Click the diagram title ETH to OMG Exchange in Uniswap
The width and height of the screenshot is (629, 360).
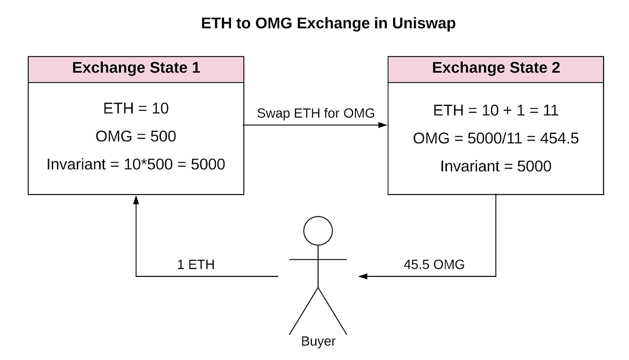click(x=328, y=23)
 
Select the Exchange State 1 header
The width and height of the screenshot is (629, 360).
click(x=136, y=68)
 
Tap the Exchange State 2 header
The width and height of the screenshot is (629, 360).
click(x=496, y=68)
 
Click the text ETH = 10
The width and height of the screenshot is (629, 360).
click(x=136, y=108)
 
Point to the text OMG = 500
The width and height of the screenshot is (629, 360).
click(x=136, y=136)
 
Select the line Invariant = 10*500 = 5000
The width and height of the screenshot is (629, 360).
click(x=136, y=164)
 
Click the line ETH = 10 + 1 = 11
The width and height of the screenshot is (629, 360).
click(x=496, y=110)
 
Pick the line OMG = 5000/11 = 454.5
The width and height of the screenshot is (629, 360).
click(x=496, y=138)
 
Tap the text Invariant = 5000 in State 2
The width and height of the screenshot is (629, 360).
click(x=496, y=166)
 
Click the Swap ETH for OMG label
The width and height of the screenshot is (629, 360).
click(x=315, y=113)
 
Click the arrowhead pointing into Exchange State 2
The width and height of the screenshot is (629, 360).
click(x=383, y=125)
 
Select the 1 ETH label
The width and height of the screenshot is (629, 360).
click(x=195, y=264)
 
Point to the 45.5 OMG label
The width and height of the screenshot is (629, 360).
click(x=434, y=264)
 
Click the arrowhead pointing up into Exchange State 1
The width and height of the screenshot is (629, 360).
click(x=136, y=199)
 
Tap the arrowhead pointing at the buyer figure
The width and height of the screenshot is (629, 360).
click(x=363, y=276)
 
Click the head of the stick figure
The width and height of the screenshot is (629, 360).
click(x=318, y=231)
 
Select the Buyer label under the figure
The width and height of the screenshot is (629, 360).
click(x=318, y=342)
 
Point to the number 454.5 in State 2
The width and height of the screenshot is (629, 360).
click(x=559, y=138)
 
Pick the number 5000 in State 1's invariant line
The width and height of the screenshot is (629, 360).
click(x=208, y=164)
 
